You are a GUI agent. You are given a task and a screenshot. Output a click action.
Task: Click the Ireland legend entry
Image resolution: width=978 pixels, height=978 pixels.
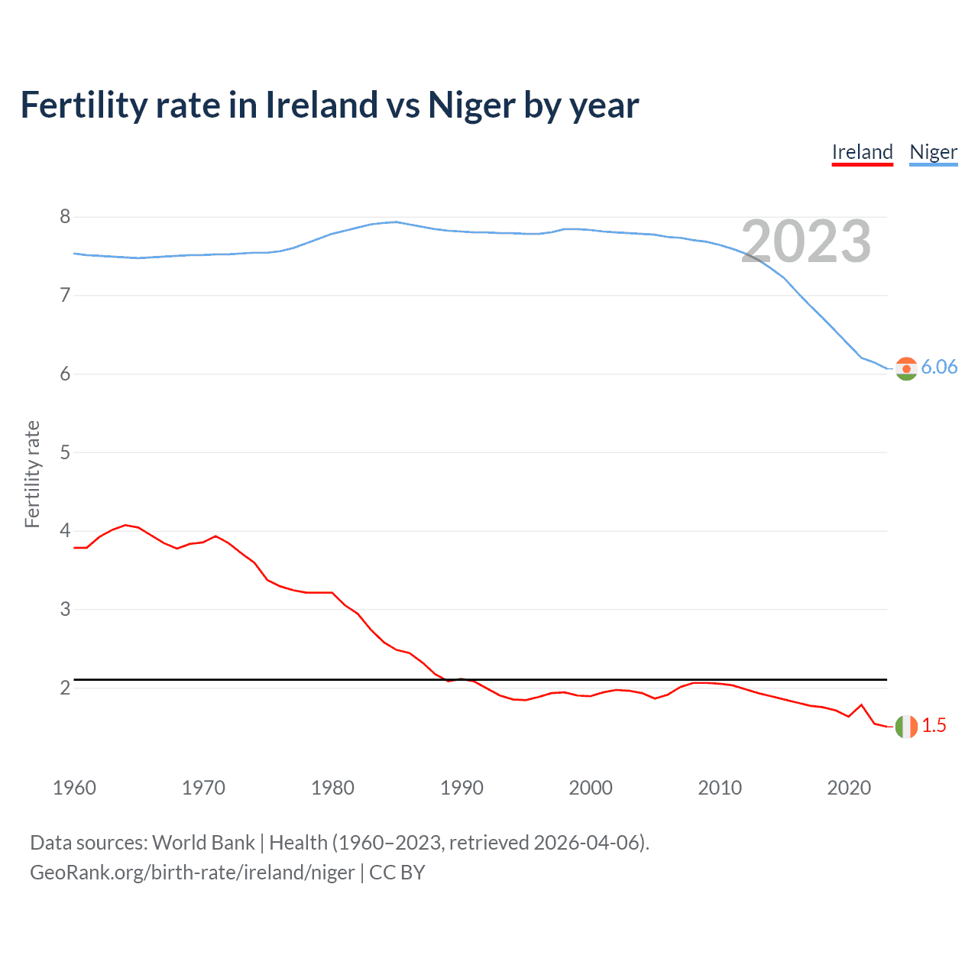point(862,152)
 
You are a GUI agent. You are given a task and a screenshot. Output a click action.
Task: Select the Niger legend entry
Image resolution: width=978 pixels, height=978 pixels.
point(933,152)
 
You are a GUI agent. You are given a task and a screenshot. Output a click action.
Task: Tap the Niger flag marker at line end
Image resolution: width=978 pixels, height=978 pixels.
point(905,368)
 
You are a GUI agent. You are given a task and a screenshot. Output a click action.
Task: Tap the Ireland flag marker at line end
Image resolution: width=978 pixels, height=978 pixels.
point(905,726)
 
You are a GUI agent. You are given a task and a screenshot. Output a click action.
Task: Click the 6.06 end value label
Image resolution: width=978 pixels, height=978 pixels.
point(939,368)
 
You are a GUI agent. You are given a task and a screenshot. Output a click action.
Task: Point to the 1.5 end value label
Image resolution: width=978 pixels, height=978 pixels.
point(934,726)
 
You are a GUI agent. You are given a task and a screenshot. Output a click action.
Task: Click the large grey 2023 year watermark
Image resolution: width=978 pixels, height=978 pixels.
point(806,241)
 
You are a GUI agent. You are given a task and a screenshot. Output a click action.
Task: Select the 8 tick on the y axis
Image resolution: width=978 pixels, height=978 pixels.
point(65,217)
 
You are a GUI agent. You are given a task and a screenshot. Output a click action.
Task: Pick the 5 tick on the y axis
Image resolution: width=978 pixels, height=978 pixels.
point(65,452)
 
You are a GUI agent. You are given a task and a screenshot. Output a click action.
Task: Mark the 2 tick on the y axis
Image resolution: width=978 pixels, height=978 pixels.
point(65,688)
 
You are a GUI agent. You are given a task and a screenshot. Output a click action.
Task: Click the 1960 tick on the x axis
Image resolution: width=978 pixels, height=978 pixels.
point(74,788)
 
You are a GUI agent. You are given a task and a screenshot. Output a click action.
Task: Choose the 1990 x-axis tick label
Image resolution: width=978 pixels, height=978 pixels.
point(461,788)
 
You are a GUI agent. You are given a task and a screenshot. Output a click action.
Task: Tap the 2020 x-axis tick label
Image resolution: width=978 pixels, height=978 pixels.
point(849,788)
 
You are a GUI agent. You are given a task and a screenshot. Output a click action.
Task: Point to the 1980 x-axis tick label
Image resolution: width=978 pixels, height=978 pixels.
point(332,788)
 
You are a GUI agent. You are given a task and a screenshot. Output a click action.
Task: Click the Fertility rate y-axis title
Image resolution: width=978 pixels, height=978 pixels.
point(32,474)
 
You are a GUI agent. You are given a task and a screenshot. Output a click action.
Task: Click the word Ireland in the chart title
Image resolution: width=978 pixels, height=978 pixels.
point(321,105)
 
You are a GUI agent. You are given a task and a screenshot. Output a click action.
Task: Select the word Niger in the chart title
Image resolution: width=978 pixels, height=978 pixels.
point(471,105)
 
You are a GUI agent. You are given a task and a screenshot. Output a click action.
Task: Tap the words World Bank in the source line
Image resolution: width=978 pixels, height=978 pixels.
point(203,843)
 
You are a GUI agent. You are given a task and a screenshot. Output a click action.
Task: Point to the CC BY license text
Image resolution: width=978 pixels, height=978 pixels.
point(397,873)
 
